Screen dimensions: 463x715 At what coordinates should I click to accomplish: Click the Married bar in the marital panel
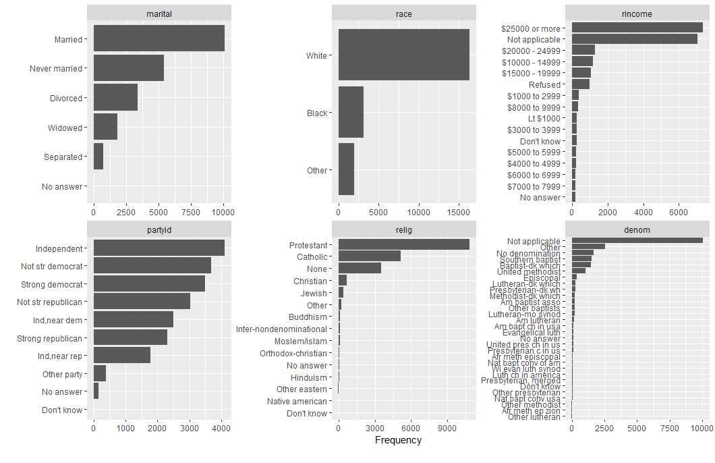point(159,38)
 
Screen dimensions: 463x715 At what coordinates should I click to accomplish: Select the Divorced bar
point(115,98)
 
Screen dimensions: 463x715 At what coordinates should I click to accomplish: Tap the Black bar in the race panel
point(351,113)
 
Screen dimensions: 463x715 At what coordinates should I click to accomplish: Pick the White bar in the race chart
point(403,55)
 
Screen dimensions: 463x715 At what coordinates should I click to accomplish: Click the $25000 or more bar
point(637,28)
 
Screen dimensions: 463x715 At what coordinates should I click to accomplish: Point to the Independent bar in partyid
point(159,248)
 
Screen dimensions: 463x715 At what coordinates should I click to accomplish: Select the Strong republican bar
point(130,337)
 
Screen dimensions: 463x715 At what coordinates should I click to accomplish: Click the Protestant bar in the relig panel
point(403,244)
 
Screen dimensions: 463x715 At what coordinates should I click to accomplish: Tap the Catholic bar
point(369,256)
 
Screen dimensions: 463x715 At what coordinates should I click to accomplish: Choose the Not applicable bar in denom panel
point(637,240)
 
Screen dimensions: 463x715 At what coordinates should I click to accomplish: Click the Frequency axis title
point(398,440)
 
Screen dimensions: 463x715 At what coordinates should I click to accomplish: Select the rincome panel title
point(637,13)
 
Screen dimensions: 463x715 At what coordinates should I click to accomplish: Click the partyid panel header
point(159,229)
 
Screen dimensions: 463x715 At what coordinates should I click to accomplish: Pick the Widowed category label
point(65,128)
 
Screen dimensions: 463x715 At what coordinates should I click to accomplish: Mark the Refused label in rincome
point(544,84)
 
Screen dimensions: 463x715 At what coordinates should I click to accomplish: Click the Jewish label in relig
point(314,294)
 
